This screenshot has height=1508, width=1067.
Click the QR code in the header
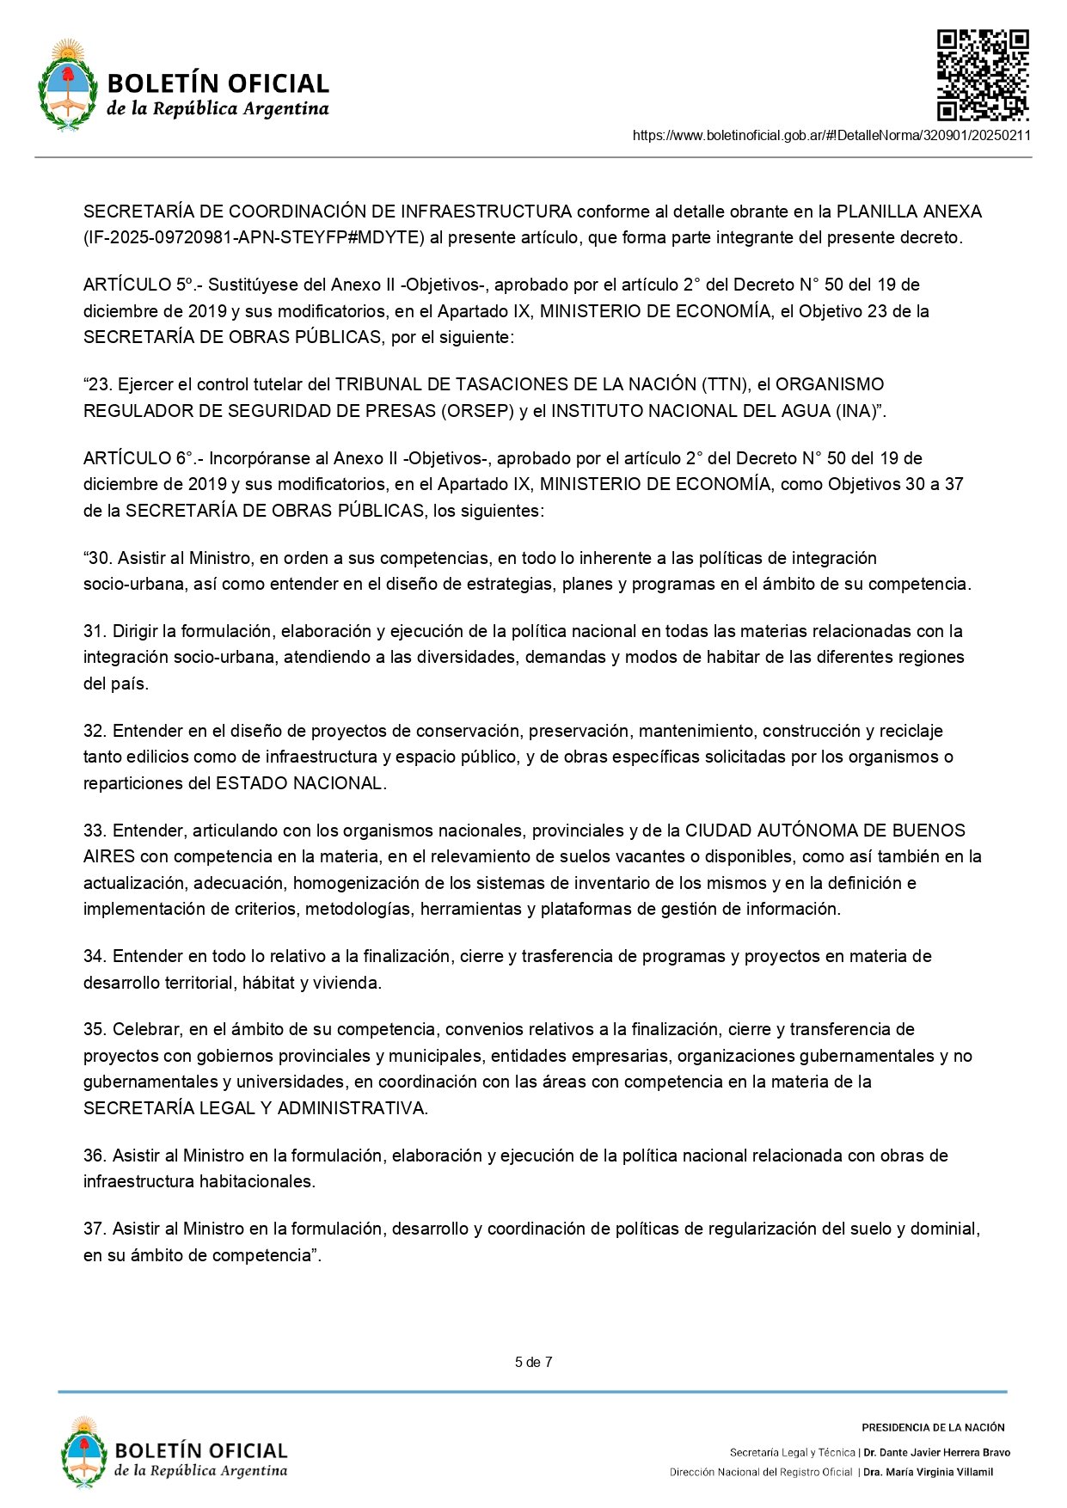[982, 76]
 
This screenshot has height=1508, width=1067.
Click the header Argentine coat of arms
[67, 84]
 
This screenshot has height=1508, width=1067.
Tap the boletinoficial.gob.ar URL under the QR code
[831, 135]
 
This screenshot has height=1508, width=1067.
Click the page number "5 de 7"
[533, 1362]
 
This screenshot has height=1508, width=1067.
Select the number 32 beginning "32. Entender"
[95, 731]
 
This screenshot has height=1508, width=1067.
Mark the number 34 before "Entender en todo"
[95, 956]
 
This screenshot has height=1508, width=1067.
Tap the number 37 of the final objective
[95, 1229]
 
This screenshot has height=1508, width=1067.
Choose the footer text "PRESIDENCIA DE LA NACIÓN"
[933, 1427]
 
